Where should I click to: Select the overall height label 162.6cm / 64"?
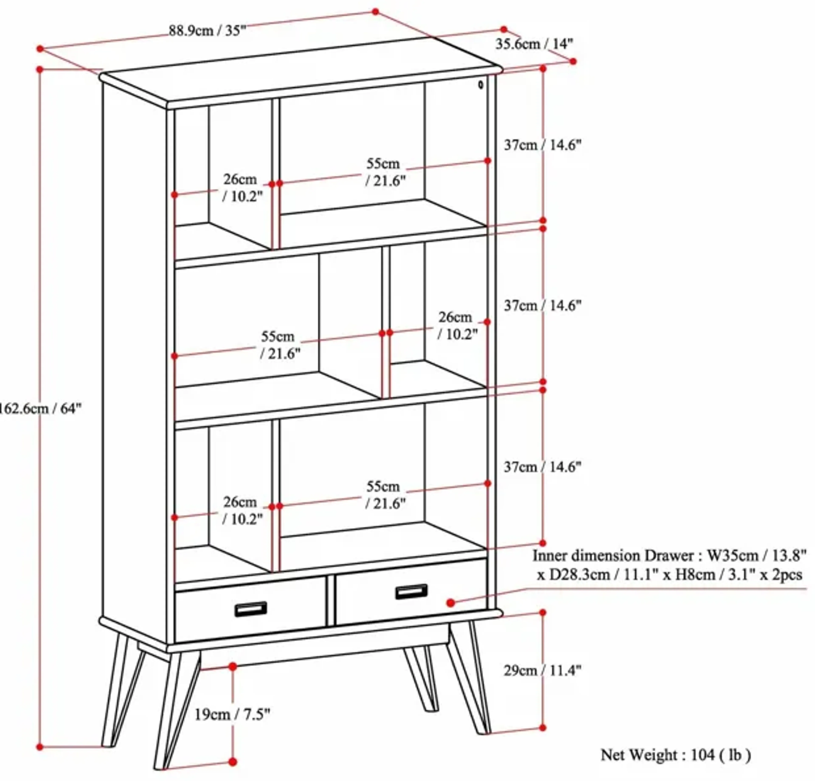tap(39, 409)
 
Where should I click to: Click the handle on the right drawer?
tap(411, 591)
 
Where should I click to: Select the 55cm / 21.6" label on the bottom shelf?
tap(385, 495)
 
